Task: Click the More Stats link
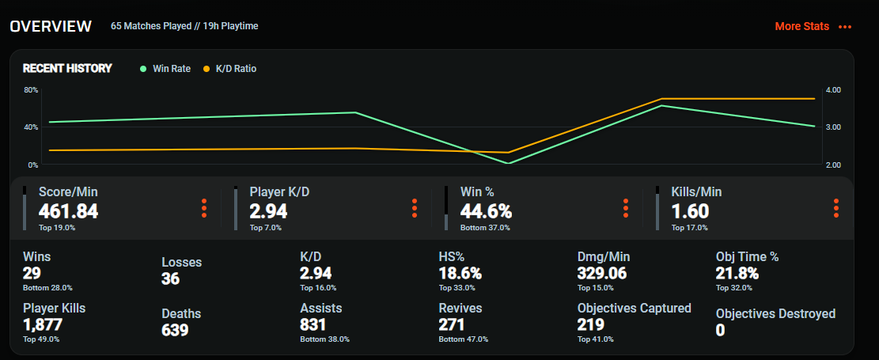[801, 26]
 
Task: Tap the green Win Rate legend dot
[143, 69]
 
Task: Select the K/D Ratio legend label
[236, 69]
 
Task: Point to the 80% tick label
[30, 89]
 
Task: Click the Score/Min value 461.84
[68, 211]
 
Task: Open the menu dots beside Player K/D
[415, 208]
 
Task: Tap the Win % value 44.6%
[486, 211]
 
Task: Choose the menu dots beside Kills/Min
[836, 208]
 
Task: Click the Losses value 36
[171, 279]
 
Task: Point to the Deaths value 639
[175, 330]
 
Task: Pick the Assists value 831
[313, 324]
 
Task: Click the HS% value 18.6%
[460, 273]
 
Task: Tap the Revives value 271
[452, 324]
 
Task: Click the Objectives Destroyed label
[775, 313]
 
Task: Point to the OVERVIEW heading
[51, 26]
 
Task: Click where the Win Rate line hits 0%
[508, 164]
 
